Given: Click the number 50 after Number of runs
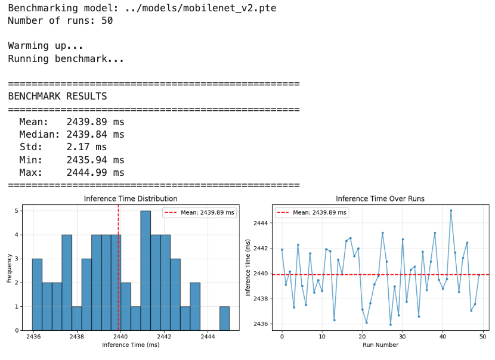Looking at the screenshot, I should click(x=107, y=21).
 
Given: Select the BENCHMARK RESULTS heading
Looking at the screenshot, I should click(x=57, y=97).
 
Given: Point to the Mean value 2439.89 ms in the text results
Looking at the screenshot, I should click(x=95, y=122).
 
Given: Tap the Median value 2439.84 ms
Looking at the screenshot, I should click(x=95, y=134).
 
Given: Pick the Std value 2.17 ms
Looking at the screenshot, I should click(x=86, y=147).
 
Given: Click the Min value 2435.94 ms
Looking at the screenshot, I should click(x=95, y=160).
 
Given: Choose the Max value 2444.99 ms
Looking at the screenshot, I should click(x=95, y=173).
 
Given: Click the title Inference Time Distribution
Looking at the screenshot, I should click(x=131, y=198).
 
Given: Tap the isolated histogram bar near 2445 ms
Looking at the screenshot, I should click(x=224, y=318).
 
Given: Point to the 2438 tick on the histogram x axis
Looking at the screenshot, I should click(x=76, y=337).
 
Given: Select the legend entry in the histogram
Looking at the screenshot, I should click(x=199, y=212).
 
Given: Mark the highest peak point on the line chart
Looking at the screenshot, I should click(x=451, y=210).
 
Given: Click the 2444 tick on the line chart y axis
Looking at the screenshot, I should click(x=262, y=223).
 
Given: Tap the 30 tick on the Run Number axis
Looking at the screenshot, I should click(x=403, y=337).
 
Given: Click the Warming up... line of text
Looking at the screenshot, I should click(x=45, y=46).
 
